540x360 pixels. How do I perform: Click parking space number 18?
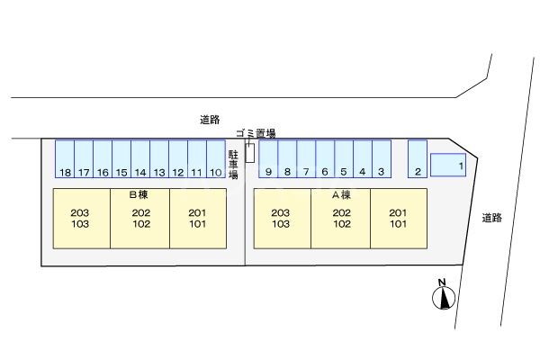65,158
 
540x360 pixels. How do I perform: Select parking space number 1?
448,165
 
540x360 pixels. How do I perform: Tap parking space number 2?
418,158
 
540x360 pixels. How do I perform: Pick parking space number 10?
216,158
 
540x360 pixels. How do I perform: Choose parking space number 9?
268,158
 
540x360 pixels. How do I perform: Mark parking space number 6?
325,158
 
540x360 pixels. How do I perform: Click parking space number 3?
382,158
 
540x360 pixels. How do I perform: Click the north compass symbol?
444,295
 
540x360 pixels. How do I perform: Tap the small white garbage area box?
250,153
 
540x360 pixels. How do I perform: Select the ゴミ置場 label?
256,133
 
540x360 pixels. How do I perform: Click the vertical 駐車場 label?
233,165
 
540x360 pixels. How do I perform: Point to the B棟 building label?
139,194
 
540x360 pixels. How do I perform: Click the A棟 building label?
341,195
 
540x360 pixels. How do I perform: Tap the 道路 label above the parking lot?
210,120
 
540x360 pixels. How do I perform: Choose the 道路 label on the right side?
491,218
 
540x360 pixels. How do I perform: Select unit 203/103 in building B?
82,219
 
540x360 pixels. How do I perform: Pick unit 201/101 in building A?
399,219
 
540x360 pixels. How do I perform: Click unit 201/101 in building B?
198,219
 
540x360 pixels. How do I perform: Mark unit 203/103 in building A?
283,219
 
